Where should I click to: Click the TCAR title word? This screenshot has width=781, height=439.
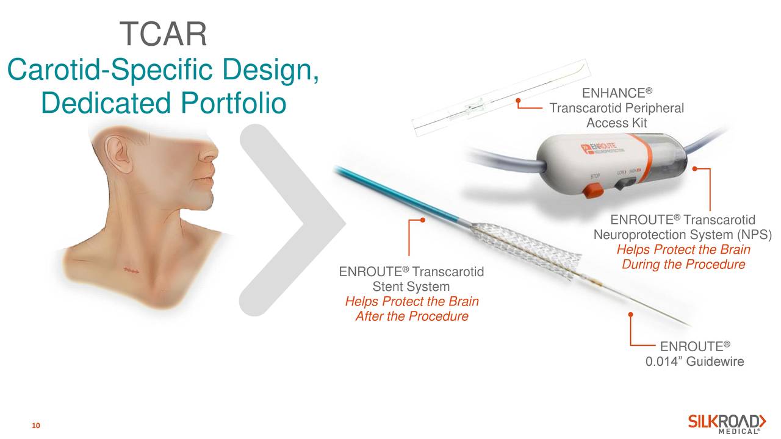click(163, 34)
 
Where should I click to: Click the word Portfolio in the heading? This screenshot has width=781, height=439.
click(233, 103)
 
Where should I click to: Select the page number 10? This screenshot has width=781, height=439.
click(36, 426)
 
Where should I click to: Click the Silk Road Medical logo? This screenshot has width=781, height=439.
click(727, 424)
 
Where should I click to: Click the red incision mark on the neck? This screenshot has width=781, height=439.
click(132, 270)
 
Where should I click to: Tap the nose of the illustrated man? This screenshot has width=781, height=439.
click(211, 152)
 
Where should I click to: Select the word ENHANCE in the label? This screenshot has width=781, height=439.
click(614, 93)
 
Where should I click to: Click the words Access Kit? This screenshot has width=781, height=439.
click(616, 123)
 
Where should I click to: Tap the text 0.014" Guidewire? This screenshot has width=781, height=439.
click(694, 362)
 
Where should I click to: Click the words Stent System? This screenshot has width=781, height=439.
click(411, 287)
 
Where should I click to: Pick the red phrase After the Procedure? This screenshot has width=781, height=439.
click(412, 316)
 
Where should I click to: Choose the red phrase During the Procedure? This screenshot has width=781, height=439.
click(683, 265)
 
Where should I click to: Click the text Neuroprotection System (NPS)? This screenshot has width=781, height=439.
click(683, 235)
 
